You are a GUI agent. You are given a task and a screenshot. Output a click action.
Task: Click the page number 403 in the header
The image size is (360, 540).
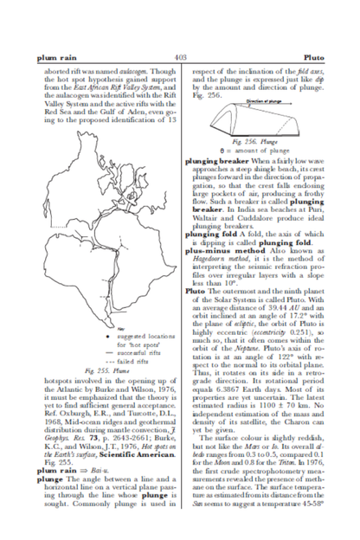click(180, 55)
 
